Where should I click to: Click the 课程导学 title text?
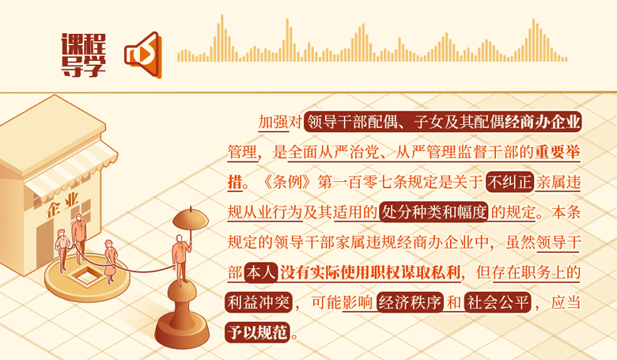83,55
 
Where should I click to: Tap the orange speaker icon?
143,55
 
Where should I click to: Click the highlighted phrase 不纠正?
509,182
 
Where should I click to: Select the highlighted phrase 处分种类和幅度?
434,213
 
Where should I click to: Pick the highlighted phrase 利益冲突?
259,302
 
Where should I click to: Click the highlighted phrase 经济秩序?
410,302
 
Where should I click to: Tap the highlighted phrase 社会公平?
498,302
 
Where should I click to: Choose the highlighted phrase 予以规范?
258,332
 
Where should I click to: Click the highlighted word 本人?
261,273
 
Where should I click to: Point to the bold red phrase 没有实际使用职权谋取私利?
370,273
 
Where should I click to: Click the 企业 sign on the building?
63,205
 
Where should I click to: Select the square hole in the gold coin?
87,275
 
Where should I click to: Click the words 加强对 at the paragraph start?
280,122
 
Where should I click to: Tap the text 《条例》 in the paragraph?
288,183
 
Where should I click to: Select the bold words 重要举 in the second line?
557,152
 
